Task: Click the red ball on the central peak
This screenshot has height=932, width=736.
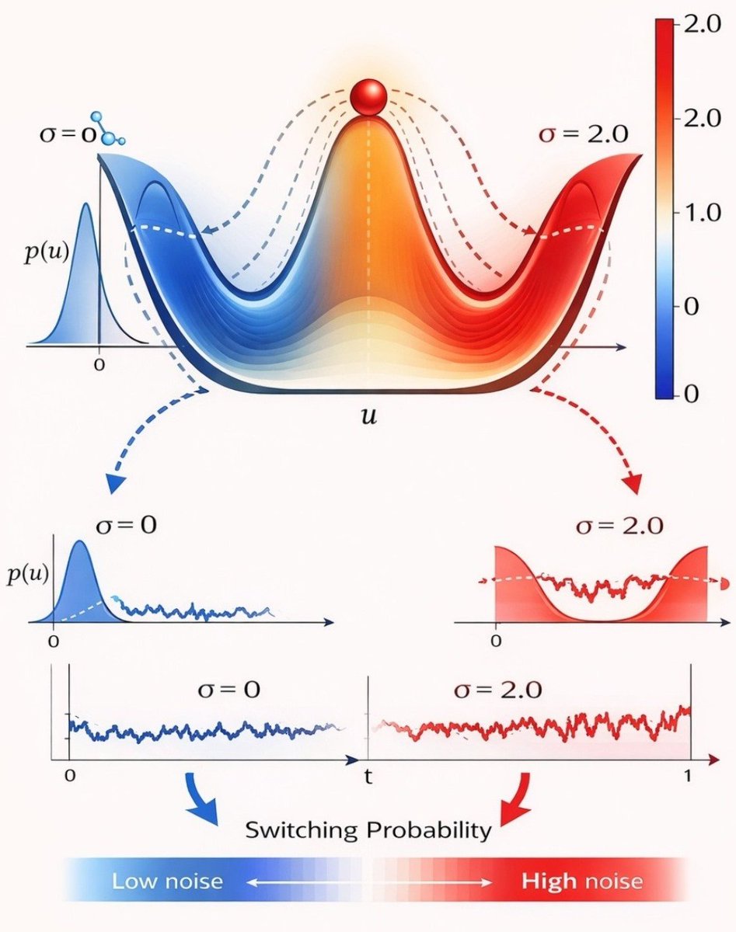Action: point(368,99)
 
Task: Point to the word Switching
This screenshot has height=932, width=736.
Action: point(304,829)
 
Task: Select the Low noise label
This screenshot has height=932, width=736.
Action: point(167,882)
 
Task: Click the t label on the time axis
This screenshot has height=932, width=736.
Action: point(368,775)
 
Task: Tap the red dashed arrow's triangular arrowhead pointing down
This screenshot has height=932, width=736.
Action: point(633,483)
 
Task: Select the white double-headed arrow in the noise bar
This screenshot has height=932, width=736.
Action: point(368,882)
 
